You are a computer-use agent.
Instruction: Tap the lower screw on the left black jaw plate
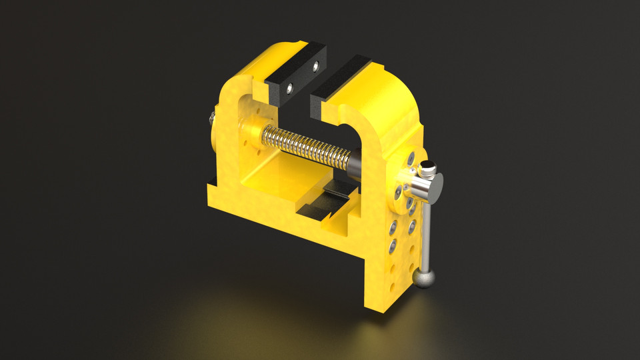(x=290, y=87)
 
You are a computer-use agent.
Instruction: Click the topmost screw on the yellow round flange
(x=411, y=158)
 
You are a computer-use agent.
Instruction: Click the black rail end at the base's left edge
(x=212, y=181)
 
